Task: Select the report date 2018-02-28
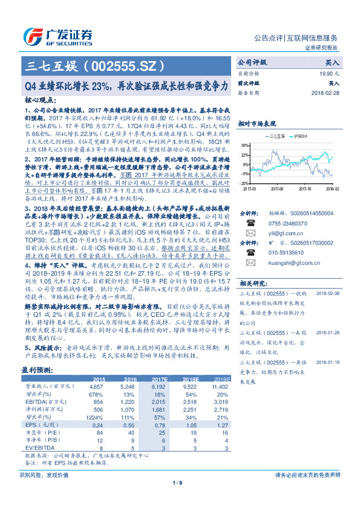(326, 94)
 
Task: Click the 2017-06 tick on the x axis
(277, 188)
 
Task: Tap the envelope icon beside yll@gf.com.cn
(249, 233)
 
